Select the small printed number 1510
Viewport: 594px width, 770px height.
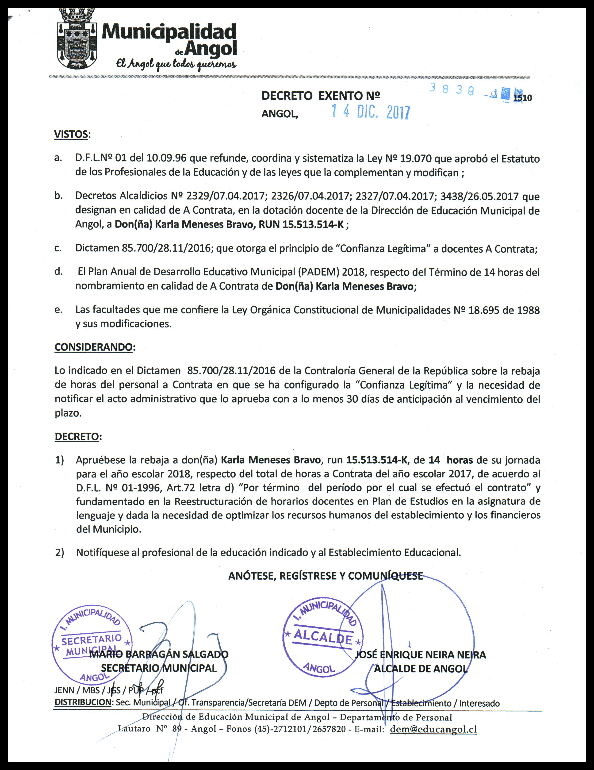tap(523, 98)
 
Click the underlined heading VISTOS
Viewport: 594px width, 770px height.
tap(71, 134)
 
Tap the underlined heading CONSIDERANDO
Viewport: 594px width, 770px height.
tap(94, 347)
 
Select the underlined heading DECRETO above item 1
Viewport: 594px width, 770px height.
tap(77, 436)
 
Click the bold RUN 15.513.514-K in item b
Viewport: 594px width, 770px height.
tap(301, 225)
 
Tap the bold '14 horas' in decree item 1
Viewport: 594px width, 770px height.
tap(451, 460)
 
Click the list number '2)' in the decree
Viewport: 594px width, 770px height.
tap(60, 552)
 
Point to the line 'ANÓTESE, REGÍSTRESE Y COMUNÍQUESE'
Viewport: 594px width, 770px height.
tap(325, 576)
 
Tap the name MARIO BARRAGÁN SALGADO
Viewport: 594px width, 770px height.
tap(159, 654)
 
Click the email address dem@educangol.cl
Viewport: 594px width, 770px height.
tap(433, 729)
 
